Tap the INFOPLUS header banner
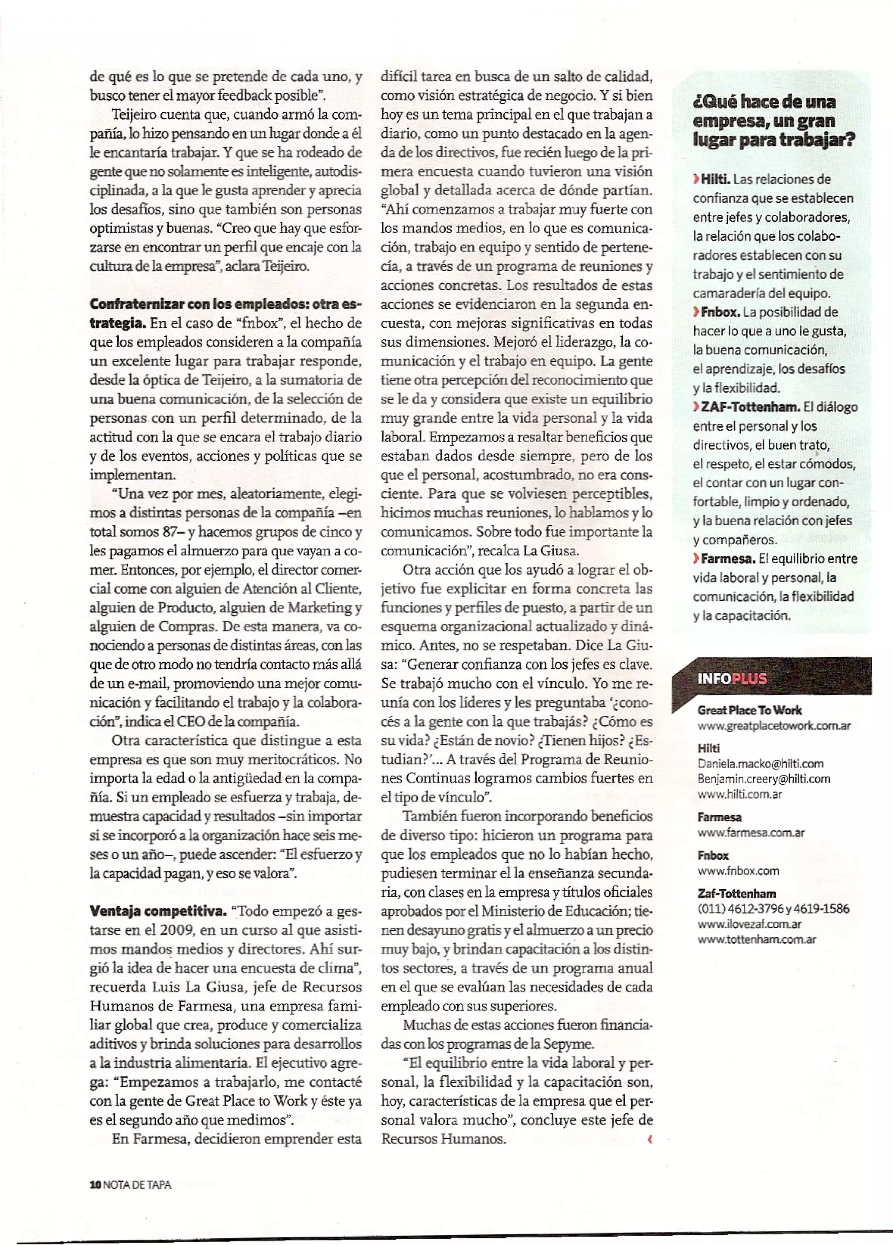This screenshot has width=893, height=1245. coord(771,678)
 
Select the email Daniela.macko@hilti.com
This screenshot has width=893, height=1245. coord(760,764)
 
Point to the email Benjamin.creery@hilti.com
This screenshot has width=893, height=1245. coord(763,779)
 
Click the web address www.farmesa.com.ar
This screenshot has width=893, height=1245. coord(750,833)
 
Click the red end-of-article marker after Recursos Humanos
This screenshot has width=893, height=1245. coord(650,1140)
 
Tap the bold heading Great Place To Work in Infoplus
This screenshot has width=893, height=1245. coord(749,710)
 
